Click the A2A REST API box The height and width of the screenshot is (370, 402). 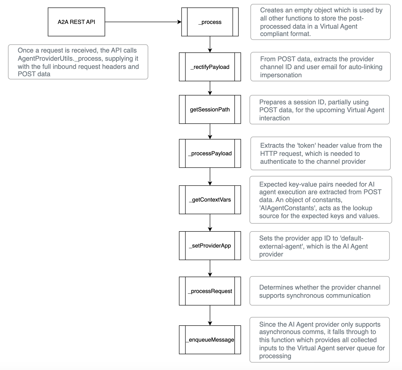[x=76, y=22]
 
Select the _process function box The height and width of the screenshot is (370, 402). [x=210, y=22]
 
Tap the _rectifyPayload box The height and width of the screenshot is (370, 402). [x=210, y=67]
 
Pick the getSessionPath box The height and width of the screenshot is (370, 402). [x=210, y=109]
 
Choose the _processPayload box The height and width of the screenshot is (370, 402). [x=210, y=153]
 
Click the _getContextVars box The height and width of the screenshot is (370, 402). [x=210, y=200]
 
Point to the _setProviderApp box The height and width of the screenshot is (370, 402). [x=210, y=246]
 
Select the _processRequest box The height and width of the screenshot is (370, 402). [x=210, y=291]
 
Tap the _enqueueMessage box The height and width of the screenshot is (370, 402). [x=210, y=340]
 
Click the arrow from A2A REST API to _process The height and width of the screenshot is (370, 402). [x=143, y=22]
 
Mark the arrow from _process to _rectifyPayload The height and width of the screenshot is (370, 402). [x=210, y=44]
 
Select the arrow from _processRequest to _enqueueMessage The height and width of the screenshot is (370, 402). [x=210, y=315]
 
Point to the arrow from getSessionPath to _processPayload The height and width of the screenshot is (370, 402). [x=210, y=131]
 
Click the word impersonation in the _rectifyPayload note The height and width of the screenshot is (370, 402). [x=281, y=75]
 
